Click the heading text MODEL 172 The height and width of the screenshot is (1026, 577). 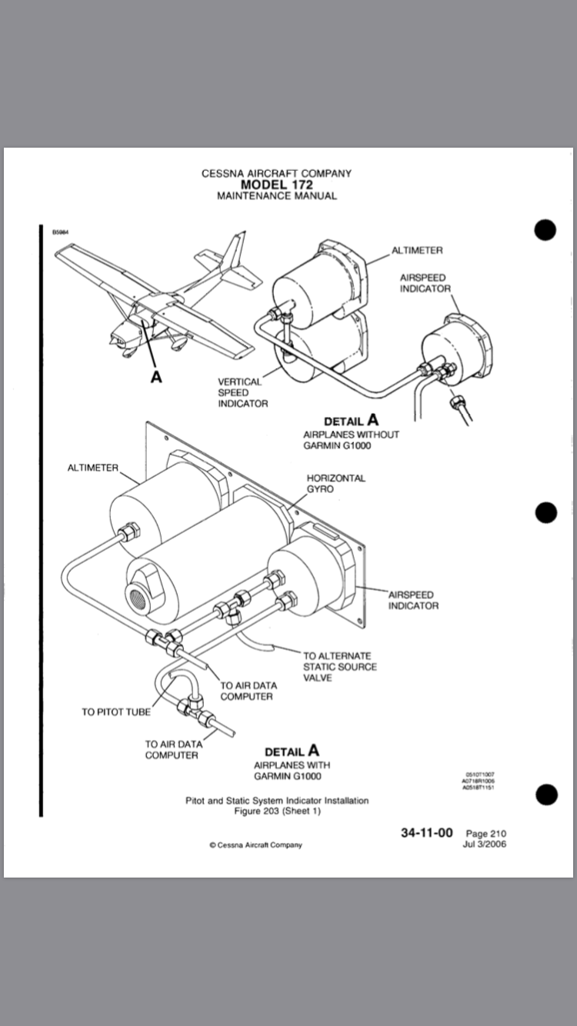coord(276,185)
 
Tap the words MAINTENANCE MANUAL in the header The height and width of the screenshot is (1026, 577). coord(276,196)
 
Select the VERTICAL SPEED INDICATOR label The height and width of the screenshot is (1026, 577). coord(242,392)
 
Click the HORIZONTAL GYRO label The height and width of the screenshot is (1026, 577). coord(336,483)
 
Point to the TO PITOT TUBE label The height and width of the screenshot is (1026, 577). coord(116,711)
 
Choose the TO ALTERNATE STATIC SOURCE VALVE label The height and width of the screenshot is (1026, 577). coord(340,667)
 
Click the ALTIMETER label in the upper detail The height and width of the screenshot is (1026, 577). coord(417,250)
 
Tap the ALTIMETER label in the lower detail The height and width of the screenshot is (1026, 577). coord(92,468)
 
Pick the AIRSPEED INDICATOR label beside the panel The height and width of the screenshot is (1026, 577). coord(413,600)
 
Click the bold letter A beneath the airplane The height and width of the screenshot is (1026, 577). coord(156,378)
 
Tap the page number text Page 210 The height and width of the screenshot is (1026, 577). coord(486,834)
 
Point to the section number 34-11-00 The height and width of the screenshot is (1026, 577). coord(426,833)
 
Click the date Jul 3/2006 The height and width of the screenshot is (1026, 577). coord(485,844)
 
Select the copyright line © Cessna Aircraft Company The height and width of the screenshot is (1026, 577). coord(256,844)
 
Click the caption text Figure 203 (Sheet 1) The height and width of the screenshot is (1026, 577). coord(277,811)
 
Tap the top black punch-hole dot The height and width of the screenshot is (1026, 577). coord(545,230)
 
